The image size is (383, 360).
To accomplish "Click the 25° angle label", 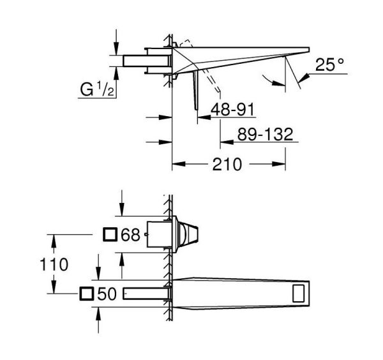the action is (x=329, y=64).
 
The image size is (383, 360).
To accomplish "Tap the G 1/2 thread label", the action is (x=97, y=89).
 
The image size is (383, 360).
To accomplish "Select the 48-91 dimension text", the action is (x=232, y=109).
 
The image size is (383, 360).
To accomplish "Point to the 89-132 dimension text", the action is (x=266, y=134).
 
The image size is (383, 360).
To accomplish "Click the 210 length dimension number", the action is (x=227, y=164).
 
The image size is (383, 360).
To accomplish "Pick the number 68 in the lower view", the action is (x=131, y=235).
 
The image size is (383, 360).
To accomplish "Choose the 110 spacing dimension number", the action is (x=54, y=264).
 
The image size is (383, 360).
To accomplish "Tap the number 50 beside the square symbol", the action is (x=107, y=294).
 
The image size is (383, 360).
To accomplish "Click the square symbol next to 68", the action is (x=110, y=234).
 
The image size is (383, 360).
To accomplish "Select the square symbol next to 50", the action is (x=87, y=294).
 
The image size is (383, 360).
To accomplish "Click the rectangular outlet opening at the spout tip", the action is (x=299, y=294).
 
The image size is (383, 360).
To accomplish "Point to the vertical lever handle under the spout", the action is (x=196, y=91).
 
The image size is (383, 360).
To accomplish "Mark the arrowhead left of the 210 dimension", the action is (x=179, y=164).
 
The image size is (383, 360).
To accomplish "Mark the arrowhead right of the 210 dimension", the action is (x=279, y=164).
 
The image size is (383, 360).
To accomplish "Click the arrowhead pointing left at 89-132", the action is (x=227, y=142).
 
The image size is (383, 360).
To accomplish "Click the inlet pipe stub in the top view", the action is (x=147, y=61).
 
